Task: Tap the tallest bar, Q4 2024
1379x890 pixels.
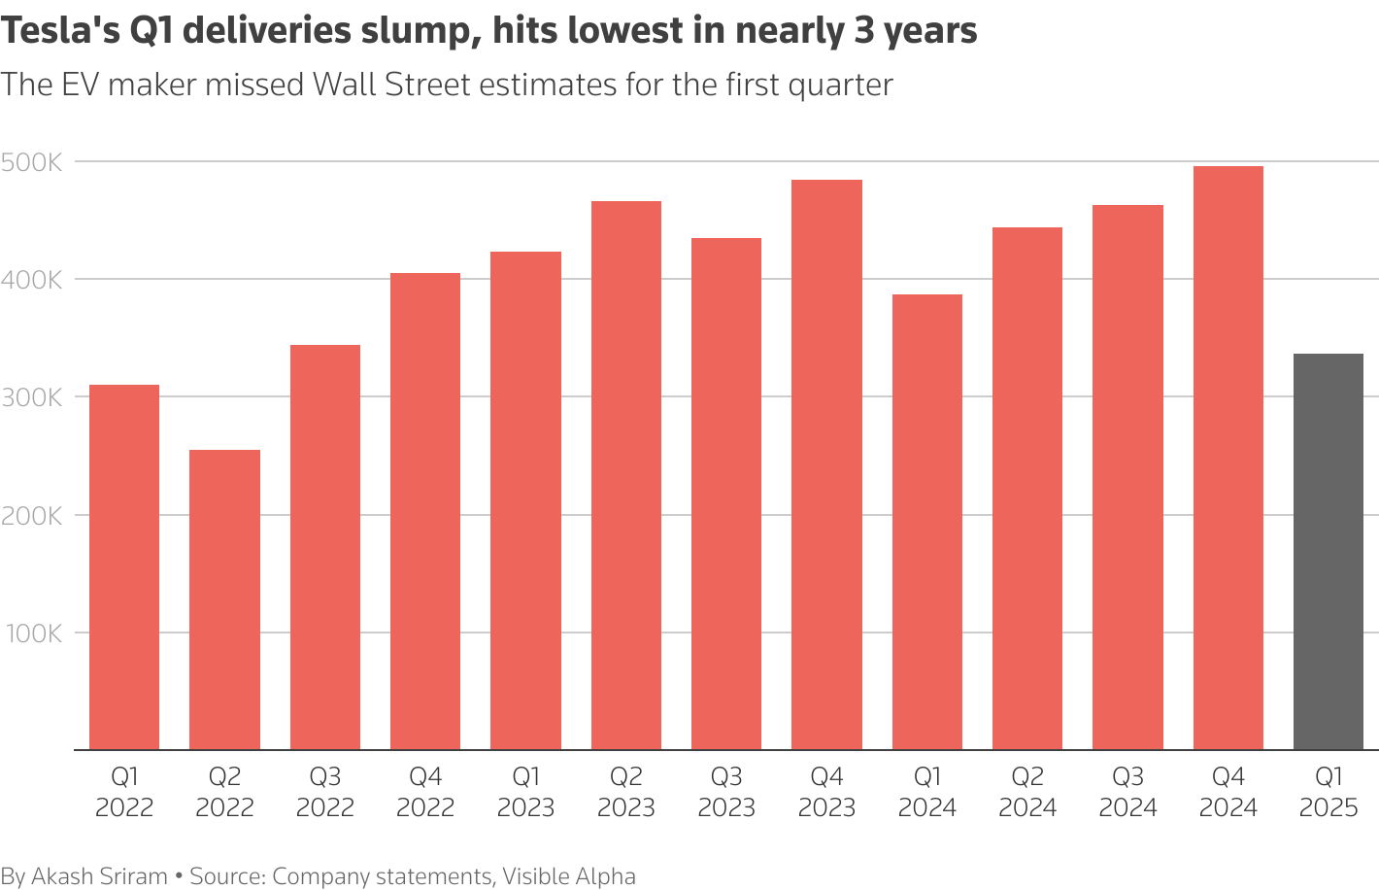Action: [1228, 458]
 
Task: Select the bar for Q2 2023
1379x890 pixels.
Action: [625, 475]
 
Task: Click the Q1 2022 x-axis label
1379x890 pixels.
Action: [124, 792]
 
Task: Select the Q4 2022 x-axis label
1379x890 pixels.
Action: [425, 792]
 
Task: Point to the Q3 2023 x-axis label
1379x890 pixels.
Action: [726, 792]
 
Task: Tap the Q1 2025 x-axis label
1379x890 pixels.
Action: [1328, 792]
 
